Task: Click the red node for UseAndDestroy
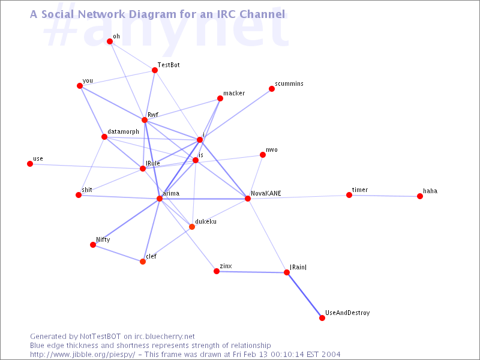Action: [322, 318]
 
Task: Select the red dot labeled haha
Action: [420, 196]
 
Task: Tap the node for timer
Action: [349, 195]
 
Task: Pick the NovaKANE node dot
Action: [247, 199]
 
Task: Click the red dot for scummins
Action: [272, 89]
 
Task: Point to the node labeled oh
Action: [110, 41]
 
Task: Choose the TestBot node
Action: [155, 70]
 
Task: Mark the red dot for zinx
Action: [217, 271]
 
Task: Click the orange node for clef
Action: [143, 262]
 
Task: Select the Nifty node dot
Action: [93, 245]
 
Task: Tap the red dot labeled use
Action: [30, 164]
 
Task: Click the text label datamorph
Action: [124, 131]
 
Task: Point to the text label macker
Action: [234, 94]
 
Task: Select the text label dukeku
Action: [206, 221]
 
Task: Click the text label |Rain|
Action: [298, 266]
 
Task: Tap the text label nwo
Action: [272, 149]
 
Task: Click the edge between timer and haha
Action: [385, 196]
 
